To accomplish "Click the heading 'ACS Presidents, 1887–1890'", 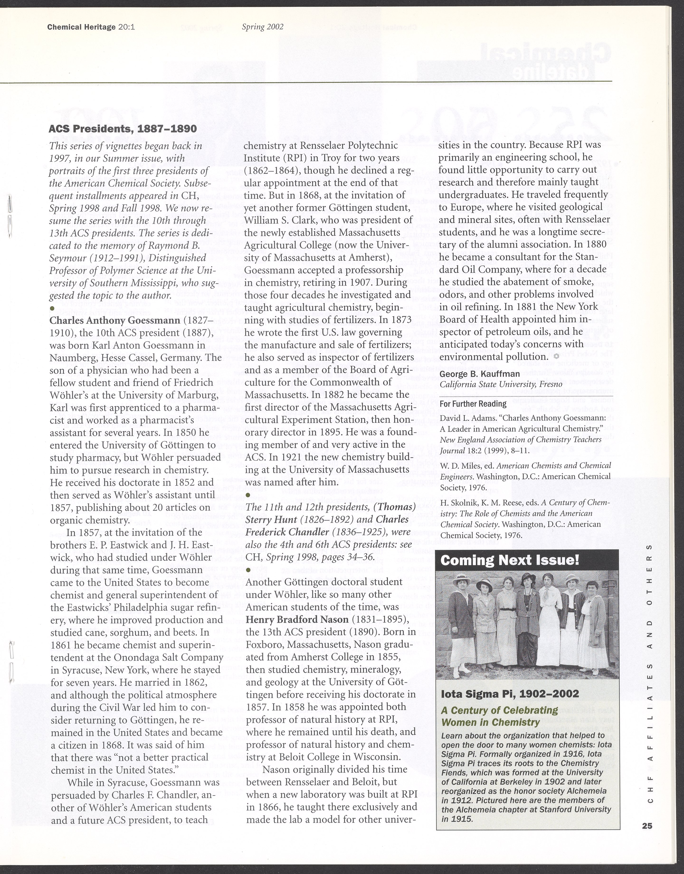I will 123,129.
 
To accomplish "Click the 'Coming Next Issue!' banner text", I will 510,560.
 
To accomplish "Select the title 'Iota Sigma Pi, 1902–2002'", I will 510,694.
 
